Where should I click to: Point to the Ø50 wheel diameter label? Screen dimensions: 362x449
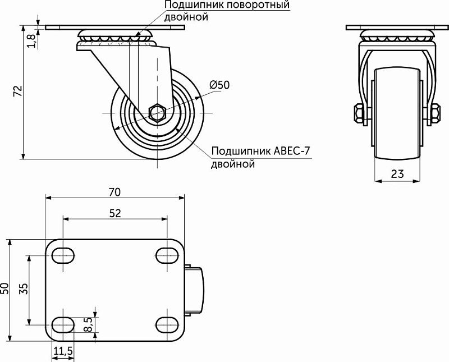point(219,85)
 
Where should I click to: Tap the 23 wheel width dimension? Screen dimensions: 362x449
point(397,173)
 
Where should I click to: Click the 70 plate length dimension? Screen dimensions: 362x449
point(114,192)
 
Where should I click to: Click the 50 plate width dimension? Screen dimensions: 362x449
point(5,289)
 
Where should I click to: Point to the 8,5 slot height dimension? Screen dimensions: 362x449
point(88,324)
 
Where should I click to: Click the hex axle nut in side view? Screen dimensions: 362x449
point(158,113)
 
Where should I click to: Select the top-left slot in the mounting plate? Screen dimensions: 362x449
point(63,255)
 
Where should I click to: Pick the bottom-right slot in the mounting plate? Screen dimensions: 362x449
point(166,324)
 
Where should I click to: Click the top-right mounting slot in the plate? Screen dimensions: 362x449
point(166,255)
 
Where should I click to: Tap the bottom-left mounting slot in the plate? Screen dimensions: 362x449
point(63,324)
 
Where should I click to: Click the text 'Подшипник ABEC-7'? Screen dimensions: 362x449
point(260,152)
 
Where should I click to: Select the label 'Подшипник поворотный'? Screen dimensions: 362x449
point(227,5)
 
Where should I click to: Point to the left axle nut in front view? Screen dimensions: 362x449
point(359,113)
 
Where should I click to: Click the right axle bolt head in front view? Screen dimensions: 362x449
point(435,113)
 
